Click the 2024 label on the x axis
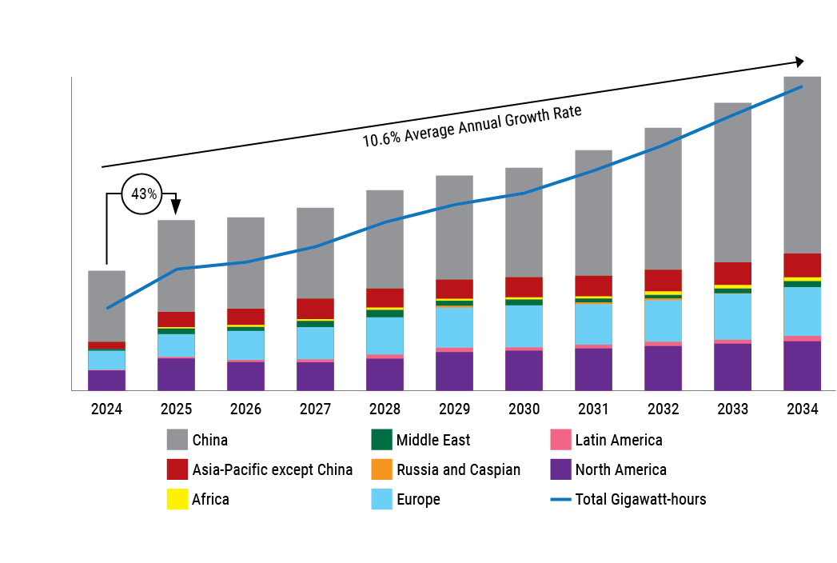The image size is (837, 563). point(106,409)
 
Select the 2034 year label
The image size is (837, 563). point(802,409)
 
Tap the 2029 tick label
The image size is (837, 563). point(454,409)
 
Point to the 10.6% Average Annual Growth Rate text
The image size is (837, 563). point(472,126)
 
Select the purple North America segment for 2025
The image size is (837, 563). point(176,373)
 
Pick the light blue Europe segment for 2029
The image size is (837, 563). point(454,327)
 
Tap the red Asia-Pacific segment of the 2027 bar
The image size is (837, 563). point(315,309)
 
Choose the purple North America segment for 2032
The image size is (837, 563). point(663,368)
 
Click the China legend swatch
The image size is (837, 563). point(177,440)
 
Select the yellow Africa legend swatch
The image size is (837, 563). point(177,500)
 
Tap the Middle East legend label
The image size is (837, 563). point(432,440)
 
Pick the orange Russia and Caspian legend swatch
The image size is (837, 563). point(382,469)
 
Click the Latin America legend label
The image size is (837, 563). point(618,440)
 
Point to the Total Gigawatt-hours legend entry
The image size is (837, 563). point(640,500)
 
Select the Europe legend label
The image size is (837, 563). point(417,500)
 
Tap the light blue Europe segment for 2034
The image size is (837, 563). point(802,311)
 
